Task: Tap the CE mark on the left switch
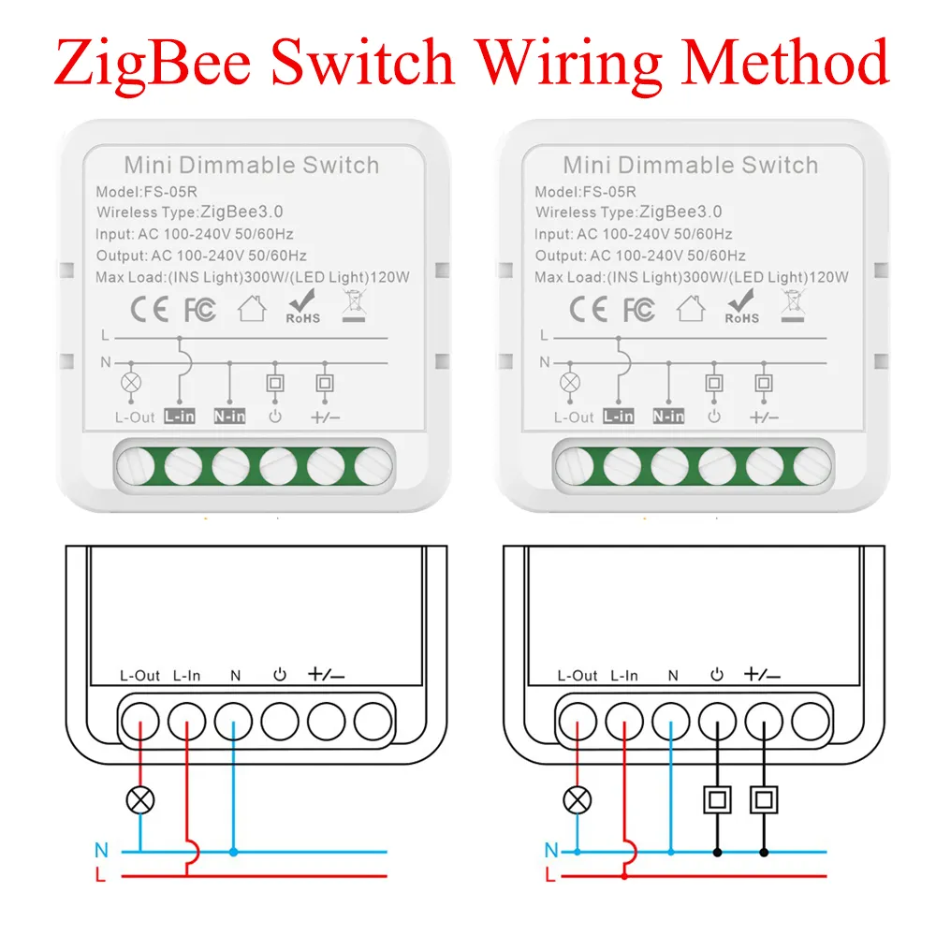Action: pos(148,308)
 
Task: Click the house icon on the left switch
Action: pos(252,308)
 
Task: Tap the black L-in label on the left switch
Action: pos(179,416)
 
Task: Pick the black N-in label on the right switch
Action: pos(668,416)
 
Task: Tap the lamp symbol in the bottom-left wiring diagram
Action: pos(141,799)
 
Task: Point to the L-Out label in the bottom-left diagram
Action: pos(140,675)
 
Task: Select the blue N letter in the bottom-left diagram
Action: pos(101,851)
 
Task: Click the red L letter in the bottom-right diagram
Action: pos(551,876)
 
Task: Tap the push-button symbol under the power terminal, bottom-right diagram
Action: pos(717,799)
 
